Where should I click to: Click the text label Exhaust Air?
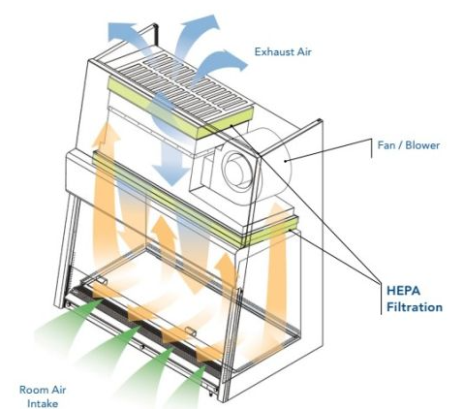pyautogui.click(x=283, y=51)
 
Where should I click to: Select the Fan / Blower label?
pyautogui.click(x=409, y=145)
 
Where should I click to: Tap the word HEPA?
pyautogui.click(x=403, y=291)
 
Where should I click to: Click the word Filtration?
pyautogui.click(x=415, y=307)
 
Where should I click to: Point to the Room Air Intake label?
pyautogui.click(x=43, y=396)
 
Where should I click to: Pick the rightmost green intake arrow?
pyautogui.click(x=187, y=386)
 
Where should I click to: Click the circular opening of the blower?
pyautogui.click(x=238, y=169)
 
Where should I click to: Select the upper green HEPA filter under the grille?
pyautogui.click(x=181, y=109)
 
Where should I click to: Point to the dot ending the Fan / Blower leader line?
pyautogui.click(x=286, y=161)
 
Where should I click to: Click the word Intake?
pyautogui.click(x=43, y=403)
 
